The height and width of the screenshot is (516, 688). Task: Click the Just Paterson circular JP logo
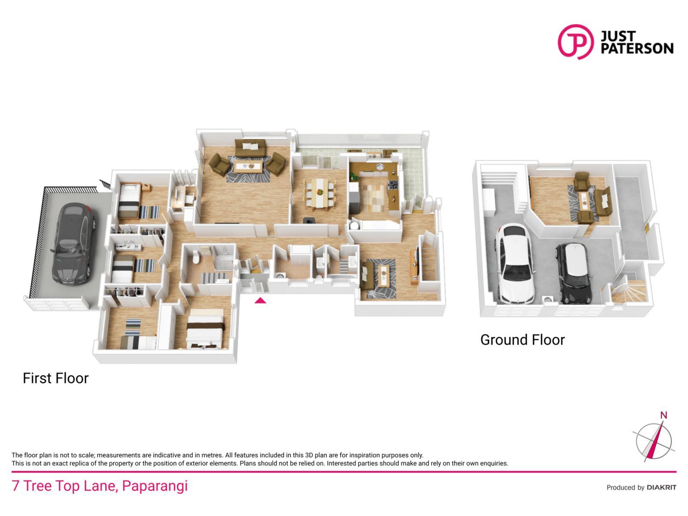point(575,42)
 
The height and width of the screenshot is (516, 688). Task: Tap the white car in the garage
point(514,264)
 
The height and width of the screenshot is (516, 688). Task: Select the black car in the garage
point(574,273)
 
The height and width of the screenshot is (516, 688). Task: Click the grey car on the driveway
point(73,243)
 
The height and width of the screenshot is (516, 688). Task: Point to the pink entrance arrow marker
point(260,301)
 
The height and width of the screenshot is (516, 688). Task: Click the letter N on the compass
point(663,415)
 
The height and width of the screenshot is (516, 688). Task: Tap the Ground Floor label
point(522,340)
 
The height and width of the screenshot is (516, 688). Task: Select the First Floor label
point(56,378)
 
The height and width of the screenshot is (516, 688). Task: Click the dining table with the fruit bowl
point(319,193)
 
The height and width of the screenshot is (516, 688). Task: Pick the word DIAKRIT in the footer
point(661,488)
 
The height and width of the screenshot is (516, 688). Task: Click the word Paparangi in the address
point(155,486)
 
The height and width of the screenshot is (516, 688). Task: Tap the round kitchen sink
point(380,167)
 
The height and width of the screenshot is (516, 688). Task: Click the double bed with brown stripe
point(205,329)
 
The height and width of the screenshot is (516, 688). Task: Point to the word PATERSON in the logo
point(637,49)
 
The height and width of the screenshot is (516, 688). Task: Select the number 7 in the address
point(15,486)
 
